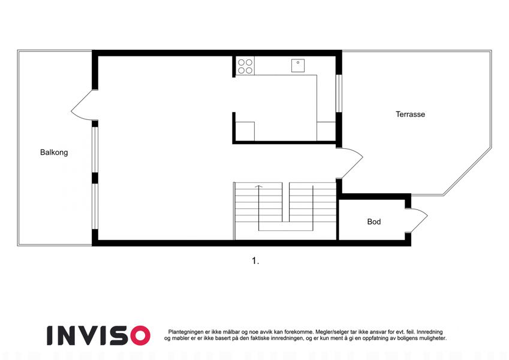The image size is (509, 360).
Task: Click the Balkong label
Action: (54, 152)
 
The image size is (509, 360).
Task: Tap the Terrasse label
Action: (410, 115)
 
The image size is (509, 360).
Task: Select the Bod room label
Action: (374, 222)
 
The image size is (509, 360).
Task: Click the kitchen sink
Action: (298, 65)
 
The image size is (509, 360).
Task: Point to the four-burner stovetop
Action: (245, 66)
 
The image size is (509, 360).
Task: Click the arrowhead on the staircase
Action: (259, 187)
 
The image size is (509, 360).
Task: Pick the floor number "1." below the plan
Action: (255, 261)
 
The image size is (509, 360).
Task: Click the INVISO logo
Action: (98, 335)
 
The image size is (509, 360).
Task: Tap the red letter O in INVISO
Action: (140, 335)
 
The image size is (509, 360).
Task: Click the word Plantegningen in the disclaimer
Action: (186, 332)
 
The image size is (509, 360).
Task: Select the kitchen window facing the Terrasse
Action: (339, 93)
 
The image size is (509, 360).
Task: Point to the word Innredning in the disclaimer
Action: (430, 332)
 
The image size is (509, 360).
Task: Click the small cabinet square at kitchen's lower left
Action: (245, 131)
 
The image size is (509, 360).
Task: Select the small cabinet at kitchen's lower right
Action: (326, 131)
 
